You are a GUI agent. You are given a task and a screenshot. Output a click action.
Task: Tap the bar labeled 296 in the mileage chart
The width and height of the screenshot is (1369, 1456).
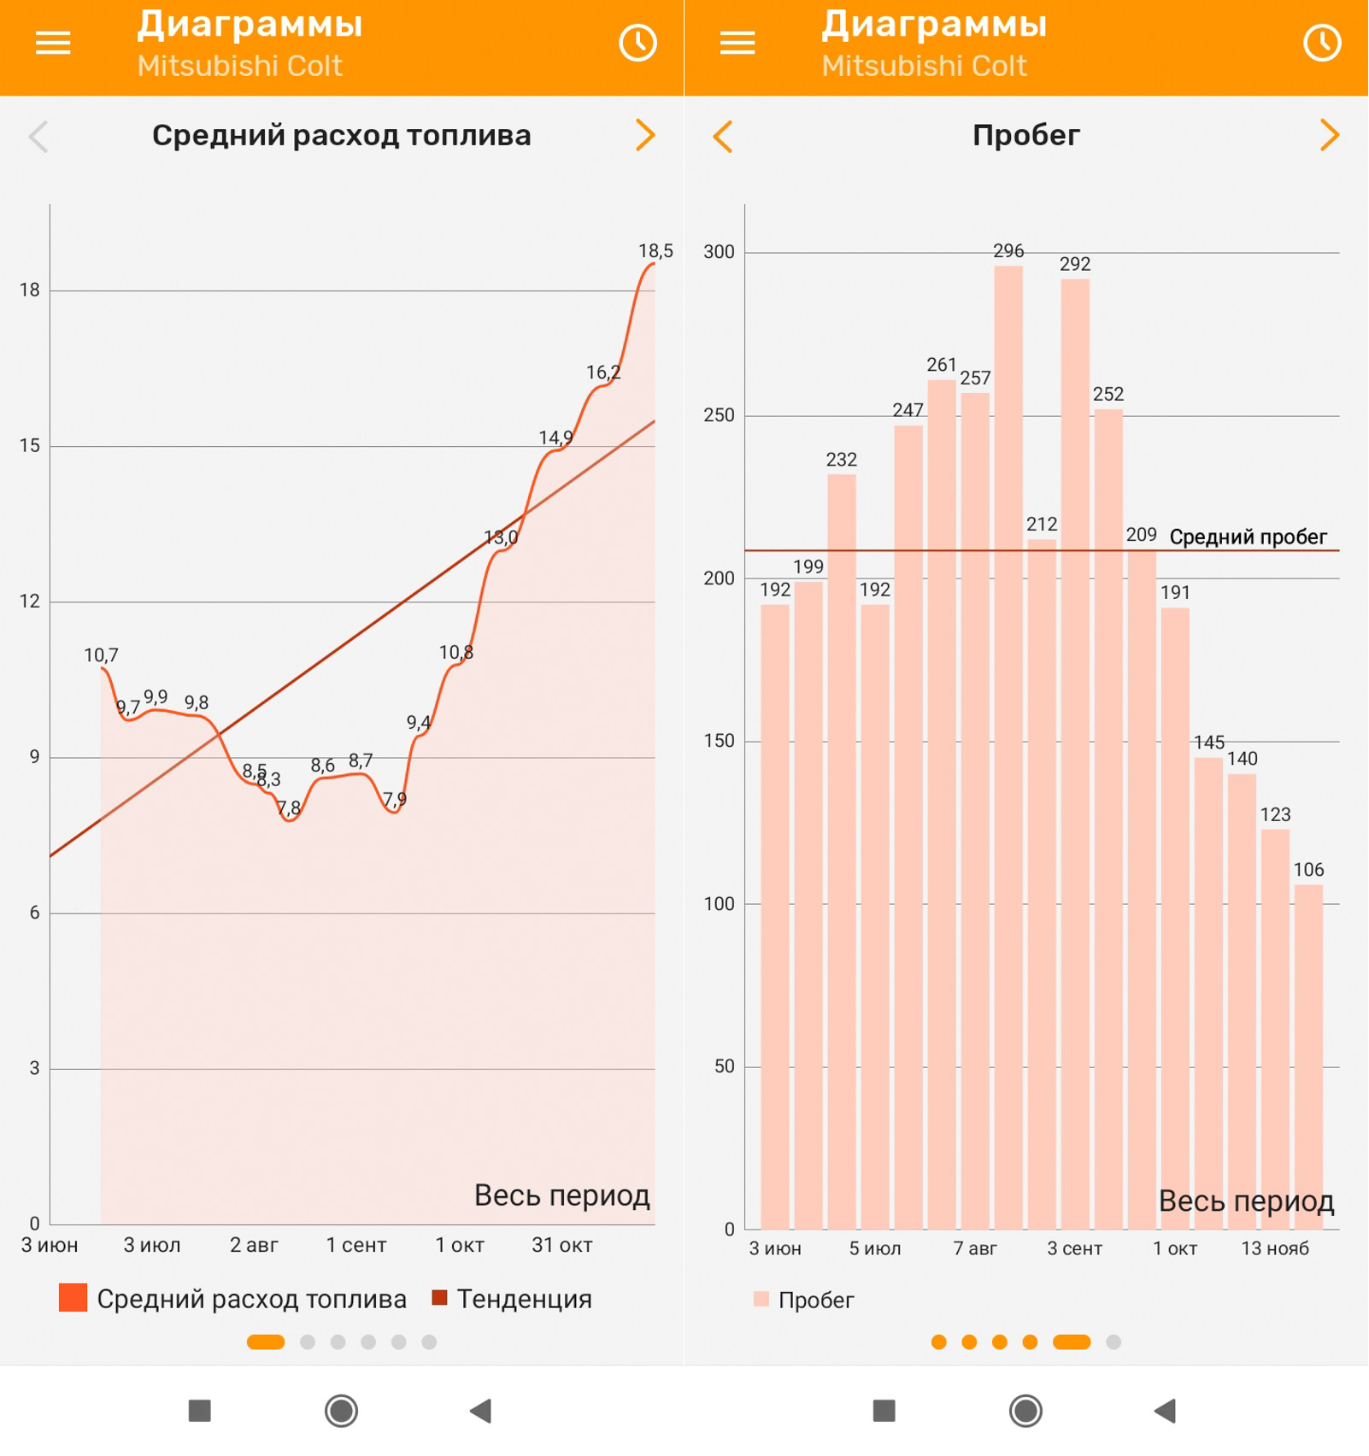(1008, 743)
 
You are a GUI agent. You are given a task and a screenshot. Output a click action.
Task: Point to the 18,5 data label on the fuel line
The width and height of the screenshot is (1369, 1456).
(655, 251)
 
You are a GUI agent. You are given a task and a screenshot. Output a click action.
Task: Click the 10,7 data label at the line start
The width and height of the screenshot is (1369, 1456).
(101, 655)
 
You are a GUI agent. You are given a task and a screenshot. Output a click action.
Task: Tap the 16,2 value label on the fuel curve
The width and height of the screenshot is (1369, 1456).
(602, 373)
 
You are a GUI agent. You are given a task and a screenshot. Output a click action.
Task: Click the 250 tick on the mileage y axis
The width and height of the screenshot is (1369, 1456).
(719, 415)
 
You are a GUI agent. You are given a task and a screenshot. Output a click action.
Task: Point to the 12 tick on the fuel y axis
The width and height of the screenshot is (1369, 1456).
(30, 602)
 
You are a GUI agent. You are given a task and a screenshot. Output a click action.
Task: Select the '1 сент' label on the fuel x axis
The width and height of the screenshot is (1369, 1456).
(356, 1246)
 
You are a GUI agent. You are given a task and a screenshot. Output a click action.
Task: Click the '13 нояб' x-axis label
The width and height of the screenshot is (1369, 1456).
(1275, 1249)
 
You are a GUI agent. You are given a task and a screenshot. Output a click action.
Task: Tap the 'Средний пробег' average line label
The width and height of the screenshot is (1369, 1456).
(1248, 537)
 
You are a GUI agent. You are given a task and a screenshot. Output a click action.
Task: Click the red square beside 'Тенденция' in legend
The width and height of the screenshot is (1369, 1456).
(440, 1298)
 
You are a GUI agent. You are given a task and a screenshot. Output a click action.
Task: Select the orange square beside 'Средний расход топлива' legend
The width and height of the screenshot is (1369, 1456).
(73, 1298)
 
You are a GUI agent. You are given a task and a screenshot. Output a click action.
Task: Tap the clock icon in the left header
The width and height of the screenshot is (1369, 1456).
(637, 44)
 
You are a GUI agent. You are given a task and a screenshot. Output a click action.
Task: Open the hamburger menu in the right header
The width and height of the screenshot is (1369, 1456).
(737, 44)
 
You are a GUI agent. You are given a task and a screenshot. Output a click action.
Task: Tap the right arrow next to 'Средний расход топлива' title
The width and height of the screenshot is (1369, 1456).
(645, 135)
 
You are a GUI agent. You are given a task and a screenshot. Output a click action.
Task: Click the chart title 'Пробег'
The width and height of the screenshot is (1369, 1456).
(1026, 136)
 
